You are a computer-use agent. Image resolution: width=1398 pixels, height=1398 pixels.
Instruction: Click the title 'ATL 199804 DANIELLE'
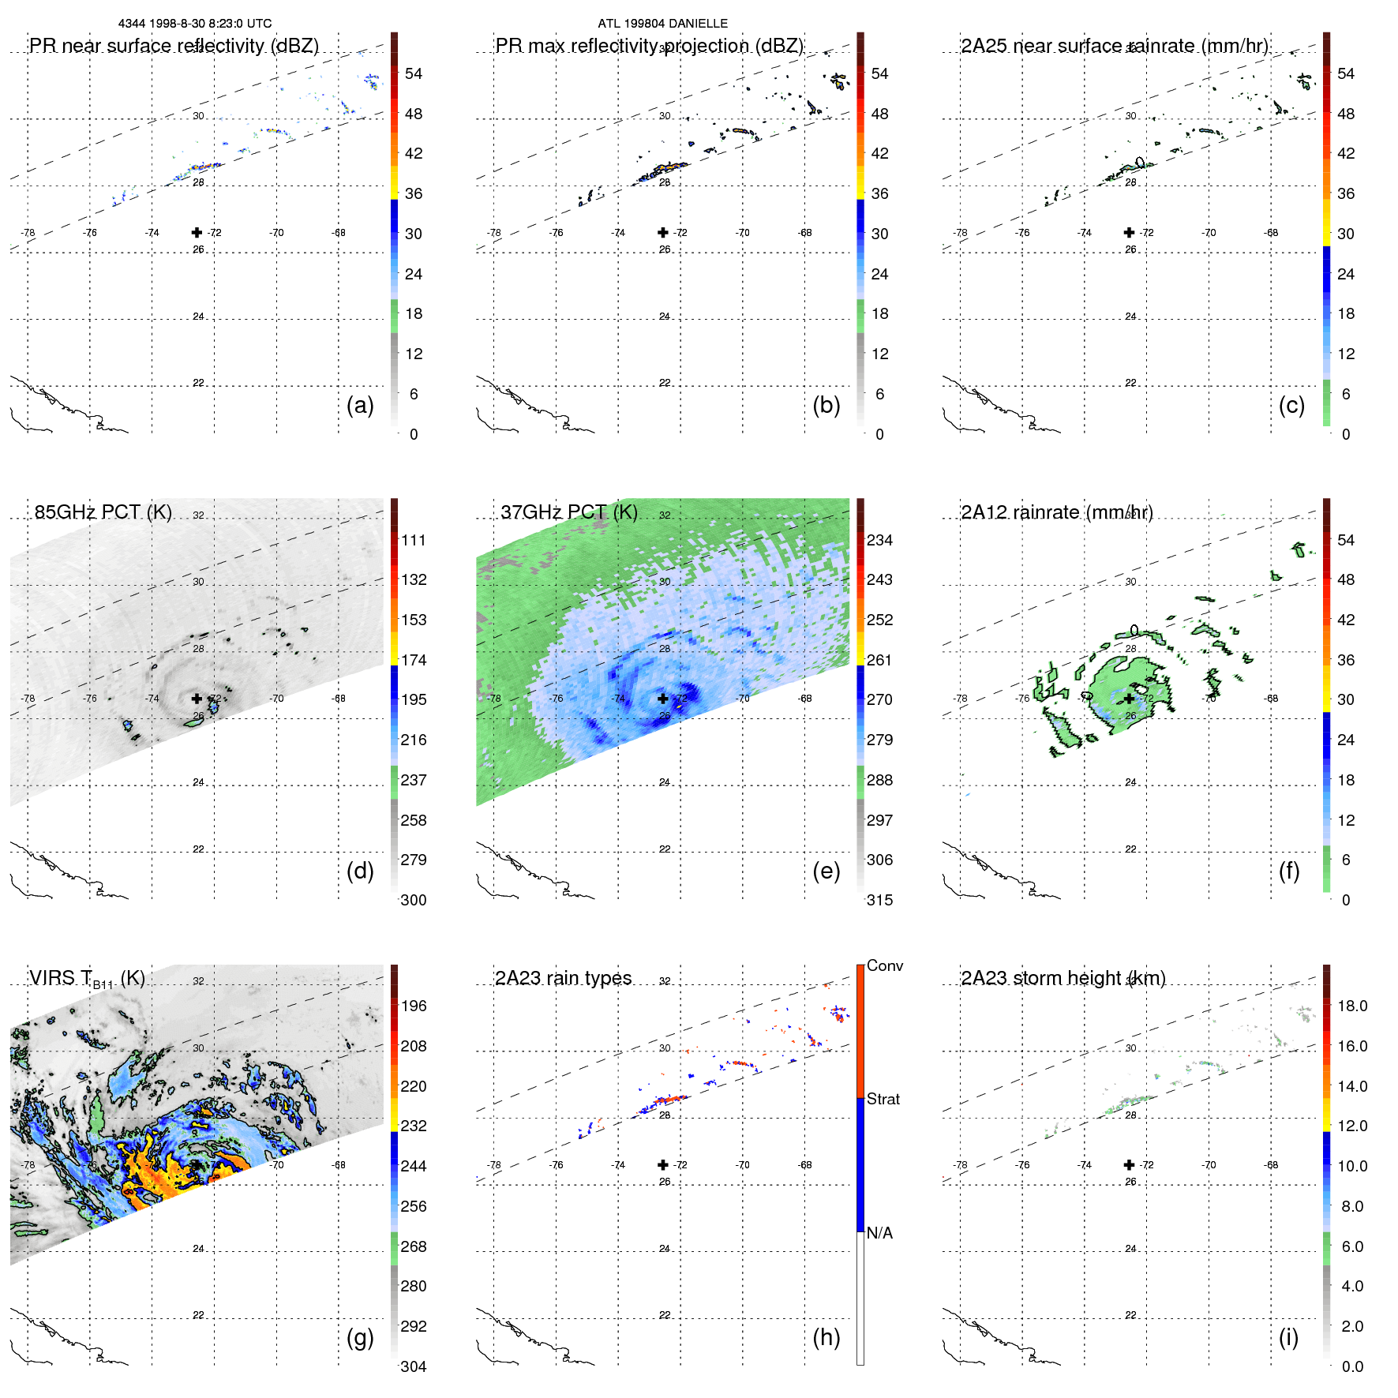pos(662,24)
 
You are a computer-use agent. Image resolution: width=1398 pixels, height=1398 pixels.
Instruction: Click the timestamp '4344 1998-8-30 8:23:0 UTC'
pos(195,24)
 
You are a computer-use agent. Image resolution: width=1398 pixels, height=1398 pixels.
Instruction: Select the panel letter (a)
pos(360,405)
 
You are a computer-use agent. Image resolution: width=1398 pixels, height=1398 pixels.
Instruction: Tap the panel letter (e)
pos(826,871)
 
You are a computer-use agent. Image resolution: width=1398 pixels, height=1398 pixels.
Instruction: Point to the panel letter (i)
pos(1288,1337)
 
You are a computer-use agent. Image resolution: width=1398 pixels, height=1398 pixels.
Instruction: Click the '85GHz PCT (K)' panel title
pos(103,512)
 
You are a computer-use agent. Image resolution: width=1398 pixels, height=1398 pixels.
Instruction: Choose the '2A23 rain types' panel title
pos(563,978)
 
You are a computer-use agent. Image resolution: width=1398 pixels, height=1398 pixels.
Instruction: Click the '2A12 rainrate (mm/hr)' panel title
pos(1057,512)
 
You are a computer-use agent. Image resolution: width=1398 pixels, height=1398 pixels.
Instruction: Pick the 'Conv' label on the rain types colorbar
pos(885,965)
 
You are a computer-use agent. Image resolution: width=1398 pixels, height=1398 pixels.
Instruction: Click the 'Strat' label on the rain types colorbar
pos(883,1099)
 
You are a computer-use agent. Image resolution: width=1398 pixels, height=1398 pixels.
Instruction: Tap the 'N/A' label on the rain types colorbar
pos(879,1233)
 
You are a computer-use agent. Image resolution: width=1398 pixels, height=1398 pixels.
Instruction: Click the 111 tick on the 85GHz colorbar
pos(414,541)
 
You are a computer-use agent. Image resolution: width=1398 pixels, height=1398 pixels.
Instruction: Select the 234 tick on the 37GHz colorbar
pos(879,541)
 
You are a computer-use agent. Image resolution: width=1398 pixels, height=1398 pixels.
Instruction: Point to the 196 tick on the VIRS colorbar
pos(414,1006)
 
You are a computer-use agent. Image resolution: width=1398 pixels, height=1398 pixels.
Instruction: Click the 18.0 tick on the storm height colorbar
pos(1352,1006)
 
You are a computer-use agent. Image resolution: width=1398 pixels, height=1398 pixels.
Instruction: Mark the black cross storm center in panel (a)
pos(197,233)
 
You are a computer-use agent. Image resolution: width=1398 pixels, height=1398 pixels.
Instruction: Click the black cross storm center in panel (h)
pos(663,1164)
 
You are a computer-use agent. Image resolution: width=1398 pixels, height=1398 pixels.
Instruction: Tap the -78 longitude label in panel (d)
pos(28,699)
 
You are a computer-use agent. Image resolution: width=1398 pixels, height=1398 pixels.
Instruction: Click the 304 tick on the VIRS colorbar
pos(414,1366)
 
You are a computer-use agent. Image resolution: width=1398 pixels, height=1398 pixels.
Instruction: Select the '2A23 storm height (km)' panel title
pos(1063,978)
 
